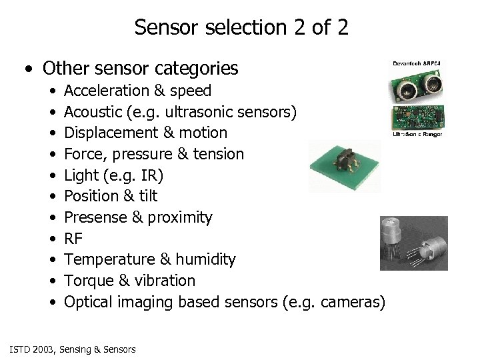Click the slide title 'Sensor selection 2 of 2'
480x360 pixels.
pos(241,27)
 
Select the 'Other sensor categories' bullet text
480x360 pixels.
pos(140,68)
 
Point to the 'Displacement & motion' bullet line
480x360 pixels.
pos(145,133)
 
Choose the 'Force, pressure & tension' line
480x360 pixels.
pos(154,154)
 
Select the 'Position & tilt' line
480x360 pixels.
pos(111,196)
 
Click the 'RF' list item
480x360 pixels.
pos(73,239)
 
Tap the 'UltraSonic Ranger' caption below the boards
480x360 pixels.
pos(417,135)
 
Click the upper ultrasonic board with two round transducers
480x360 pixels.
pos(417,83)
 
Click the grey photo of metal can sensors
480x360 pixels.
pos(413,243)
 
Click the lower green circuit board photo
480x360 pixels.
pos(417,117)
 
